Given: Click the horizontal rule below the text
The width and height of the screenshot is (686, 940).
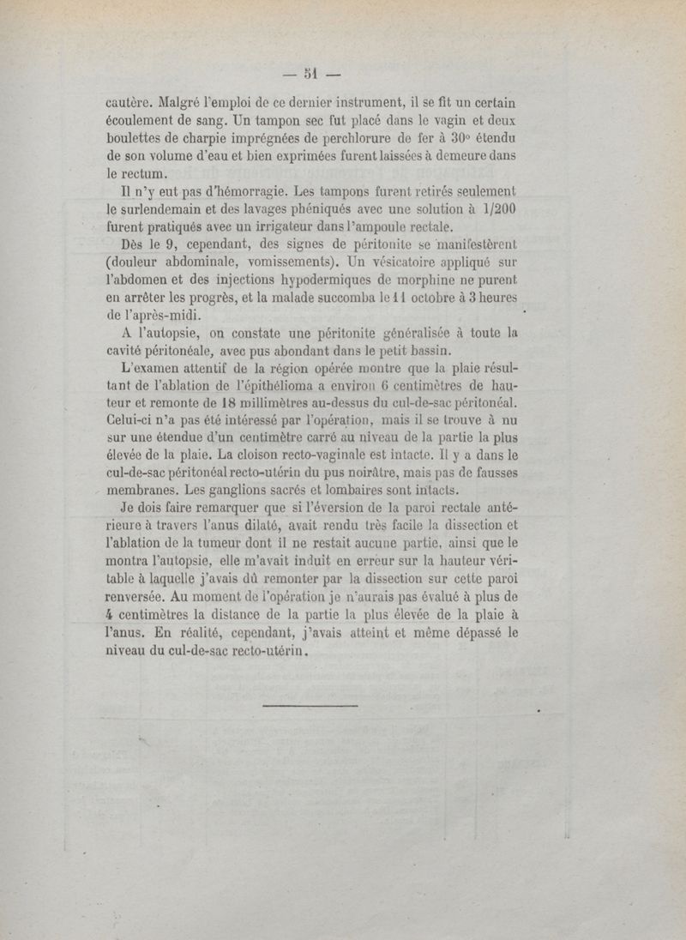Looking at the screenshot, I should (308, 706).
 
